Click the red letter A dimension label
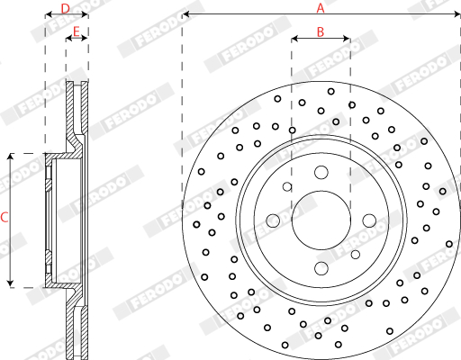pyautogui.click(x=321, y=7)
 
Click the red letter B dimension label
pyautogui.click(x=321, y=31)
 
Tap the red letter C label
pyautogui.click(x=5, y=217)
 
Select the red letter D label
pyautogui.click(x=65, y=9)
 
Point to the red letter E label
pyautogui.click(x=77, y=31)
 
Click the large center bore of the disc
pyautogui.click(x=321, y=220)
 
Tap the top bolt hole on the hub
pyautogui.click(x=321, y=173)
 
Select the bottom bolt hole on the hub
pyautogui.click(x=321, y=268)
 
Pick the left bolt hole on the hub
pyautogui.click(x=273, y=220)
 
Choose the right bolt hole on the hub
pyautogui.click(x=369, y=220)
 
